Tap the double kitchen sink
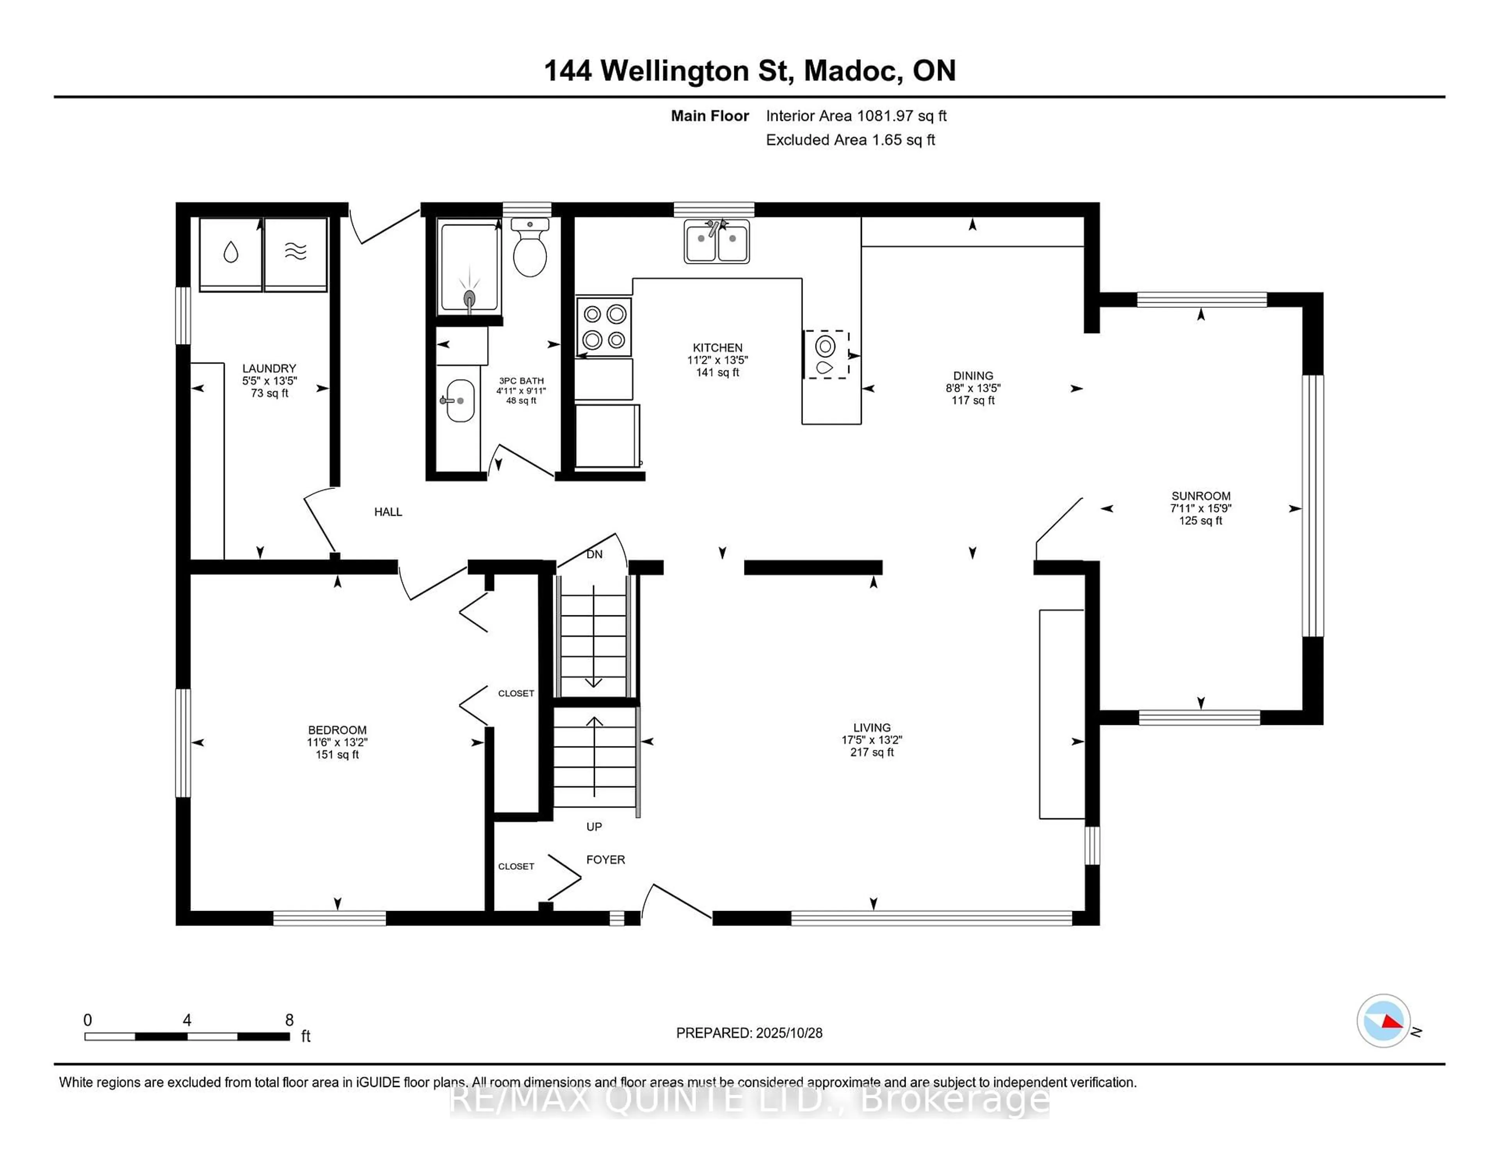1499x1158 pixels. pos(717,242)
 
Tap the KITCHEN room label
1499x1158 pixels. pos(717,348)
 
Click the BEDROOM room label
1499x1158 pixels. pos(337,730)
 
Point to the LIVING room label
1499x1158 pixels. pos(872,727)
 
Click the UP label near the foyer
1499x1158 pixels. pos(594,827)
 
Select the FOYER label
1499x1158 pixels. pos(605,860)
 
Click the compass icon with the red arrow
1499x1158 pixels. pos(1383,1021)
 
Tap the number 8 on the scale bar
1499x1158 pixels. pos(290,1020)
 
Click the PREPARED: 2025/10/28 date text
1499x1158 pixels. pos(749,1032)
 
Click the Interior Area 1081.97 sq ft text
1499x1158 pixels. pos(856,116)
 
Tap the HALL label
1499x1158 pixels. pos(388,512)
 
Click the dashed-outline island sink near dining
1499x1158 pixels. pos(826,354)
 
